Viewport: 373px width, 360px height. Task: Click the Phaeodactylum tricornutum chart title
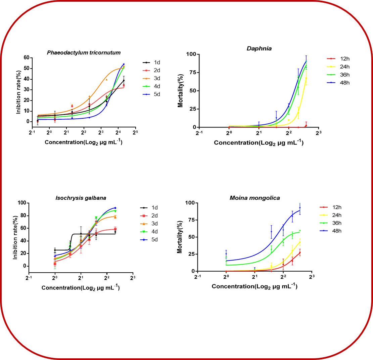point(84,52)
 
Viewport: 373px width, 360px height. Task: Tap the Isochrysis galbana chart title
point(81,198)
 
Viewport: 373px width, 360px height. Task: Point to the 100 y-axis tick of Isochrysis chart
point(21,203)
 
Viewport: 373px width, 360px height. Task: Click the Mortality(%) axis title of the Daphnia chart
point(181,91)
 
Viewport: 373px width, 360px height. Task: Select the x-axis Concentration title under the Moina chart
point(254,286)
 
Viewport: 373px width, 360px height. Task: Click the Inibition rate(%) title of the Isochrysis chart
point(15,234)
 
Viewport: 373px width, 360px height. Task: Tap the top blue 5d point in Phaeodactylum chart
point(124,64)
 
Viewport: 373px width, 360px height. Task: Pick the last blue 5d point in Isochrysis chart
point(115,208)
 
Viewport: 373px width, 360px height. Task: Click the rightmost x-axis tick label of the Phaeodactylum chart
point(135,132)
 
